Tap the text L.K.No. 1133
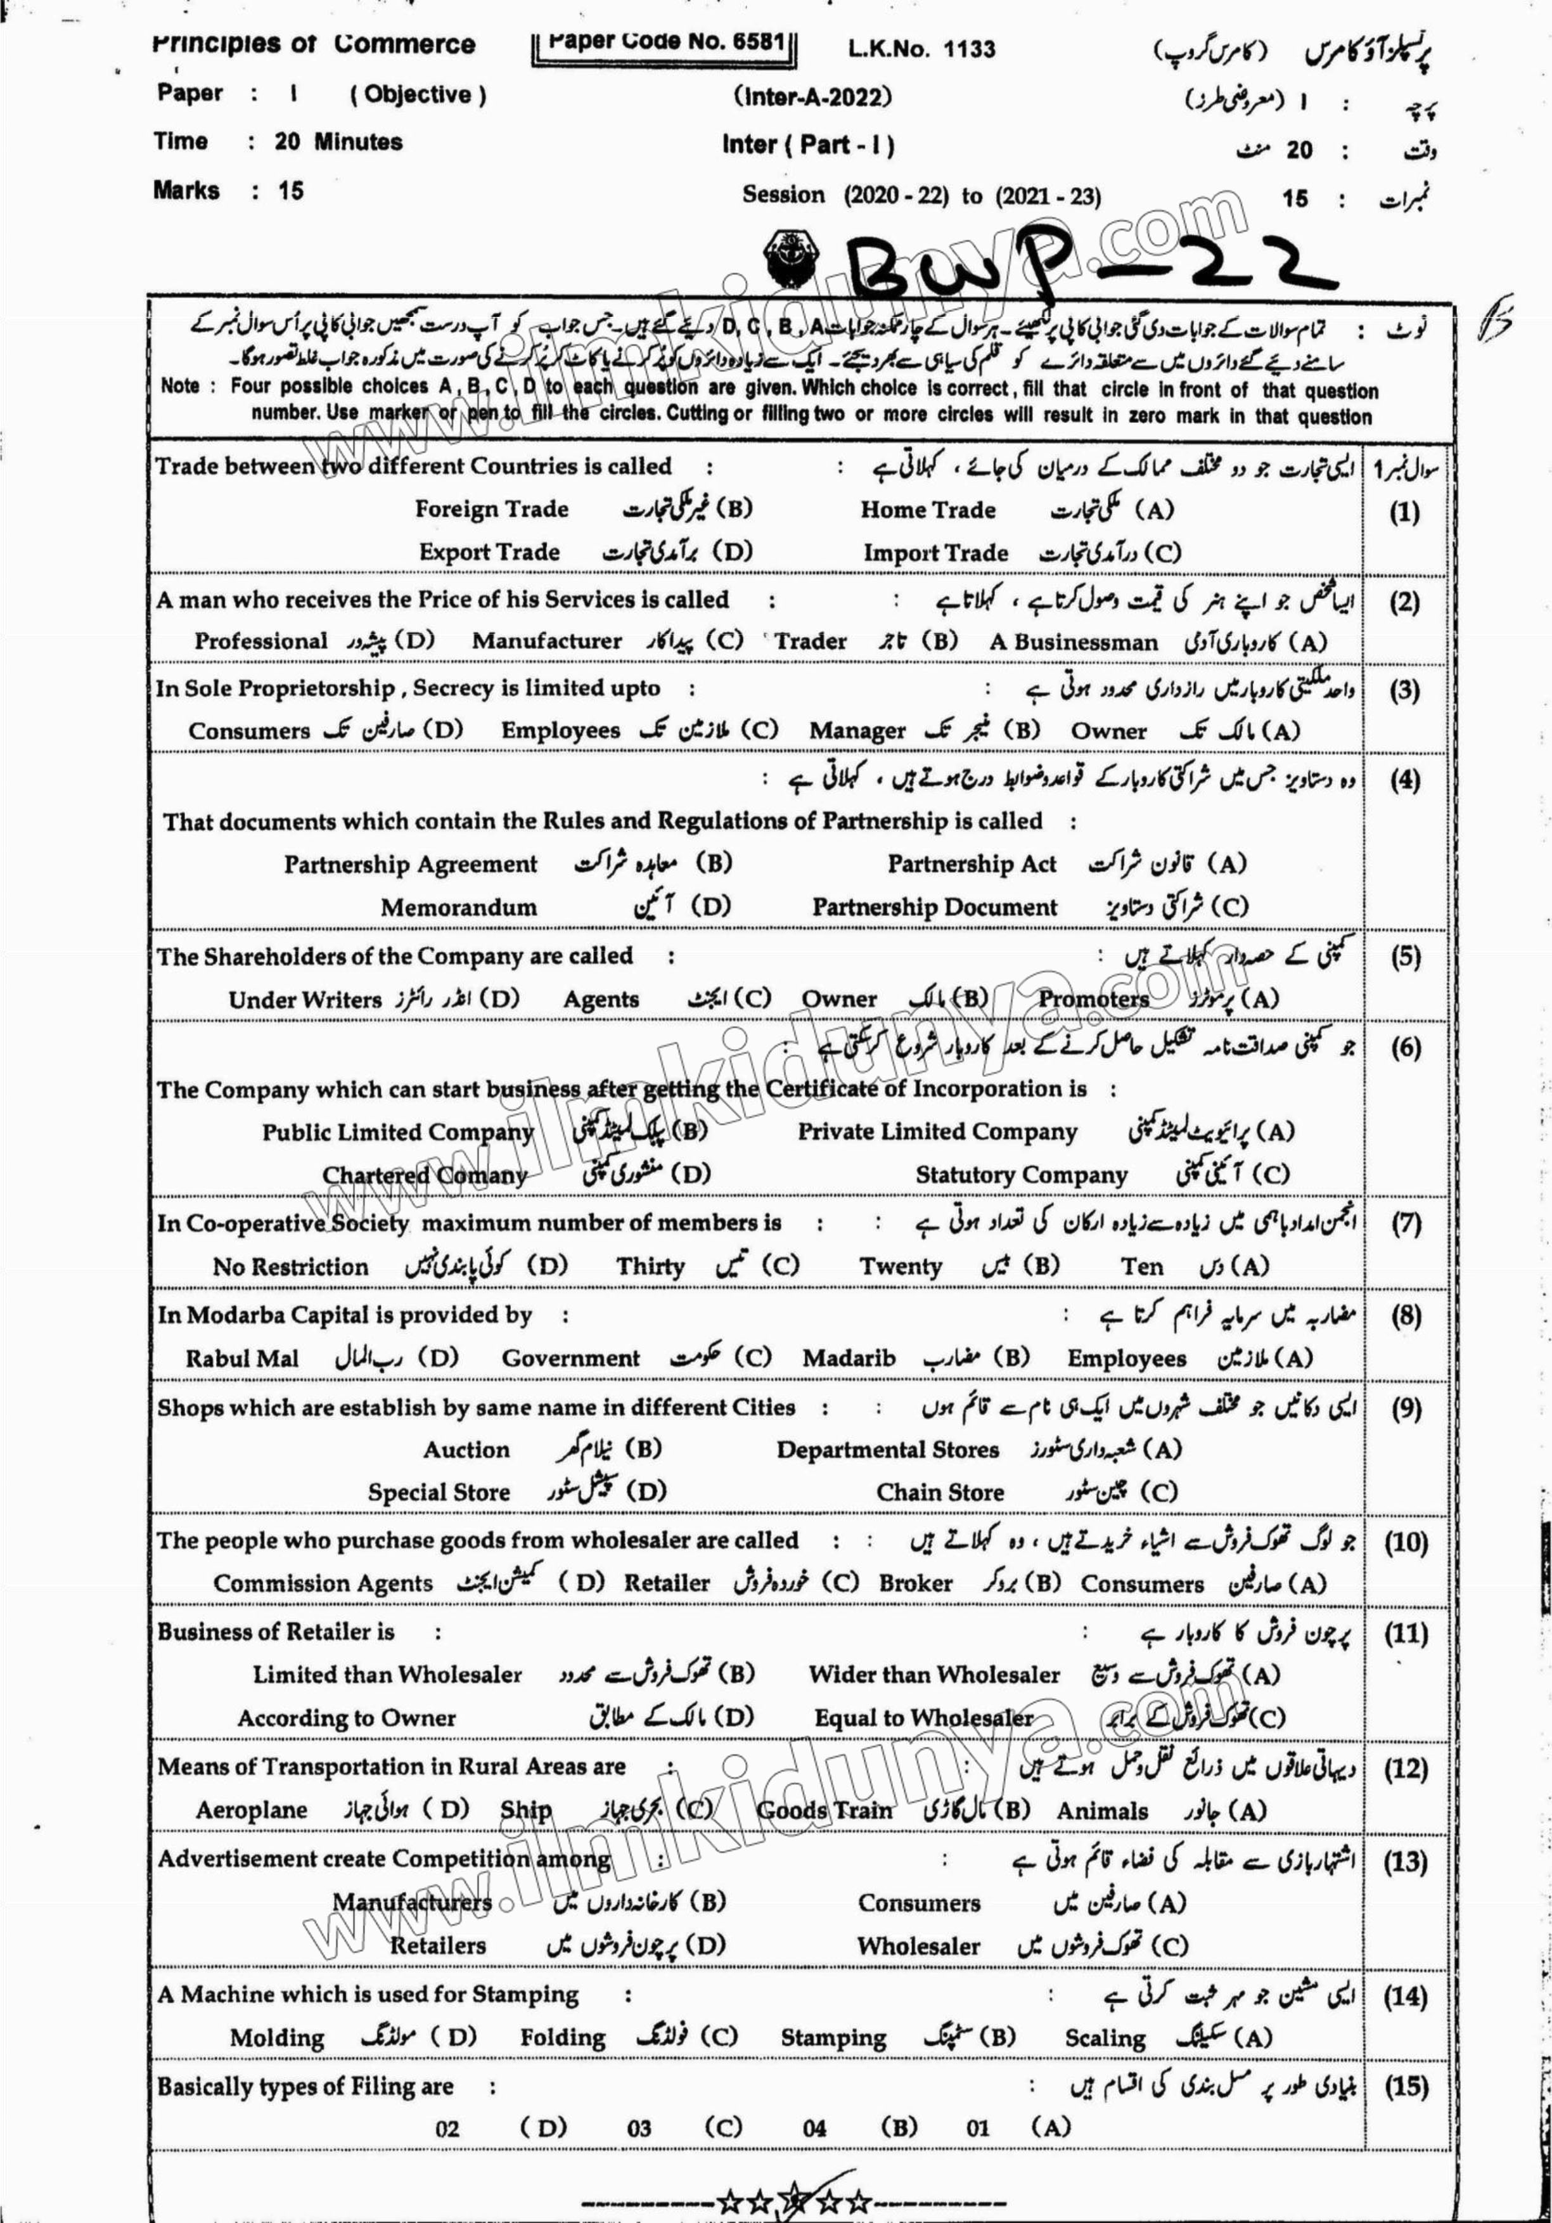click(908, 48)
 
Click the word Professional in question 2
click(261, 641)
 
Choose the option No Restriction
click(290, 1266)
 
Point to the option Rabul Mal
click(242, 1358)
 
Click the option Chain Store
click(940, 1492)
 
